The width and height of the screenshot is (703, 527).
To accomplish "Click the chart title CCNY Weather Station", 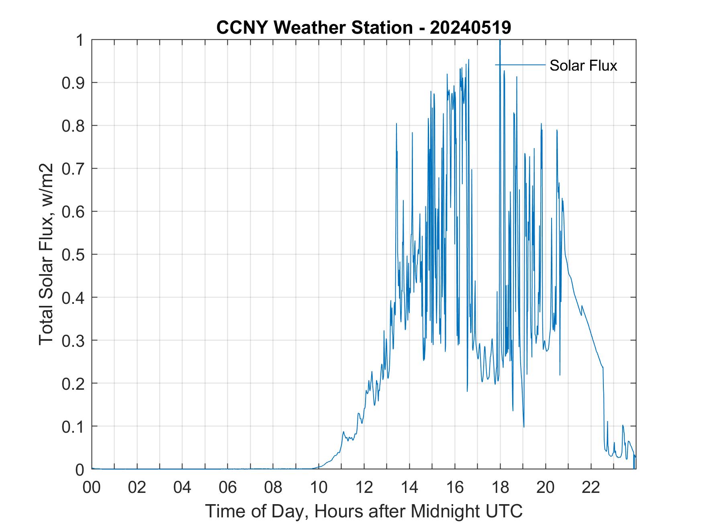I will coord(363,28).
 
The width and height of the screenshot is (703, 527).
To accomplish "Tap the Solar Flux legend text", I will coord(583,65).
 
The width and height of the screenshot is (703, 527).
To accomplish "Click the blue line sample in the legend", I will coord(520,65).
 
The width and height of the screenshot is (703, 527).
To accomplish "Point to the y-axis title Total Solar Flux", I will coord(47,254).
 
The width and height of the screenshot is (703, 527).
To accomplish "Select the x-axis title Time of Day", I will coord(364,511).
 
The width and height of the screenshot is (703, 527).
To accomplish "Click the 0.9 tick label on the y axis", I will coord(74,83).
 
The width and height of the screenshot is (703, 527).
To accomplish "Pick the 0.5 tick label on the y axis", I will coord(74,254).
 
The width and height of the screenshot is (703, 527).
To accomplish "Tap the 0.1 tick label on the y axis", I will coord(74,426).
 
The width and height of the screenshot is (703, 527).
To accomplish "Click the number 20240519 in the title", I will coord(470,28).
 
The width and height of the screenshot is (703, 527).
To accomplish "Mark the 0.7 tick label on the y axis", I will coord(74,169).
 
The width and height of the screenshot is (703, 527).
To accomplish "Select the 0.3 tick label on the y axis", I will coord(74,340).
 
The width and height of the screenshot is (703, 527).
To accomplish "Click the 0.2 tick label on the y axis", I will coord(74,383).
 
